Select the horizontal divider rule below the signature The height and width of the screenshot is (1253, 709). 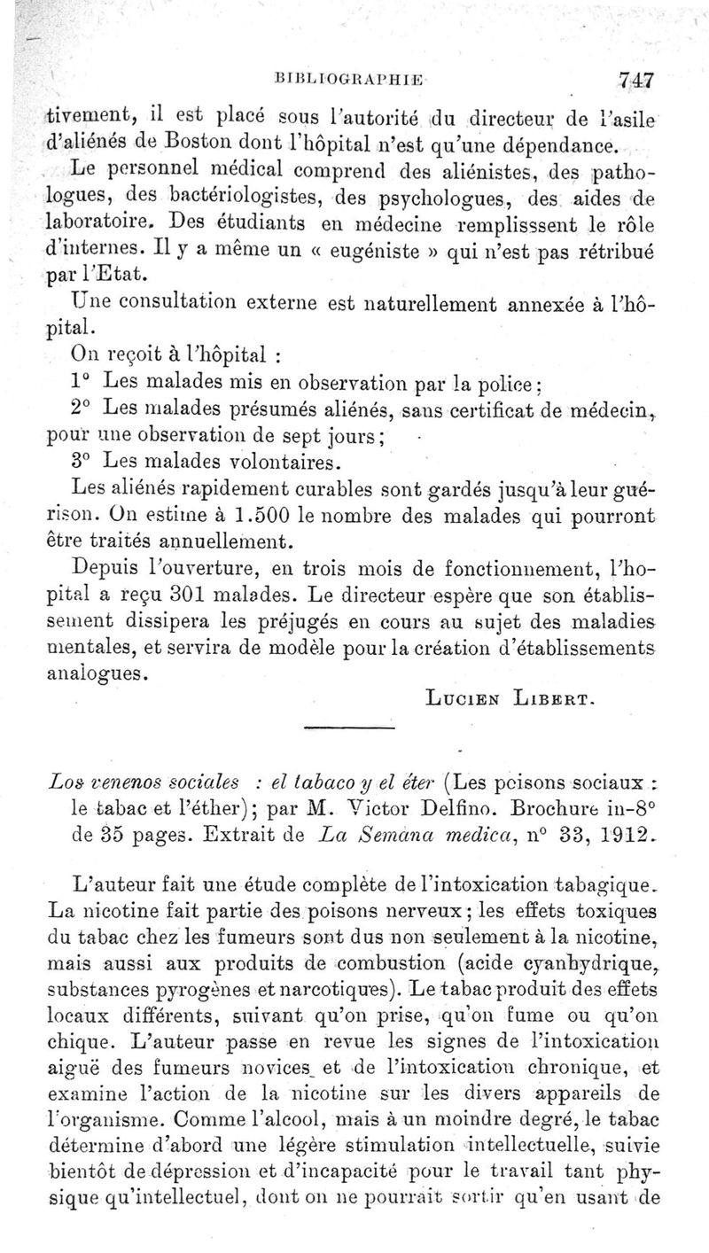coord(340,728)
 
